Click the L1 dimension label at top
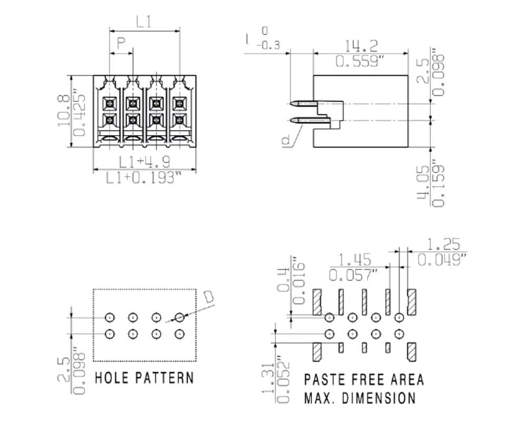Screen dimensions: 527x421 pyautogui.click(x=144, y=22)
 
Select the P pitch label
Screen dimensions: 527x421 pyautogui.click(x=121, y=43)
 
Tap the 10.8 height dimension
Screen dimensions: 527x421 pyautogui.click(x=64, y=111)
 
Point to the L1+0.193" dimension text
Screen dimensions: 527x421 pyautogui.click(x=144, y=177)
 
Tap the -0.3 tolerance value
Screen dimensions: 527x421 pyautogui.click(x=269, y=45)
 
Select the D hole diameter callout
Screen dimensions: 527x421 pyautogui.click(x=209, y=297)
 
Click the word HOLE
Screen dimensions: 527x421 pyautogui.click(x=112, y=378)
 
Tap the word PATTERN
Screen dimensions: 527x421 pyautogui.click(x=164, y=378)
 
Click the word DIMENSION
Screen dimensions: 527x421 pyautogui.click(x=379, y=398)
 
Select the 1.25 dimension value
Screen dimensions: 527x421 pyautogui.click(x=443, y=244)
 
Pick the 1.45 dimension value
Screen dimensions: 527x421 pyautogui.click(x=355, y=260)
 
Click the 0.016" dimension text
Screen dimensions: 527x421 pyautogui.click(x=299, y=280)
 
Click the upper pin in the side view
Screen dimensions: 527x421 pyautogui.click(x=304, y=103)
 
